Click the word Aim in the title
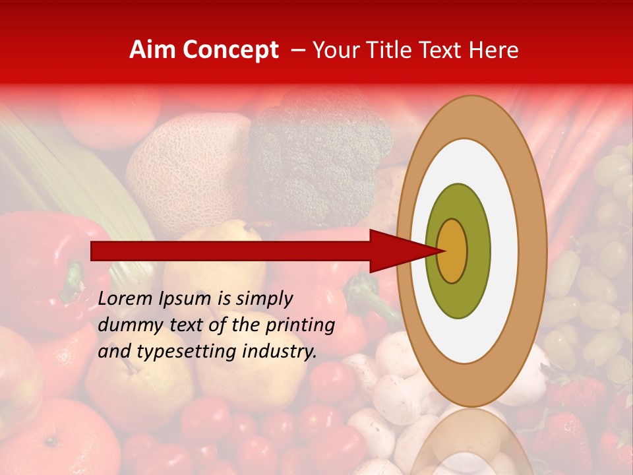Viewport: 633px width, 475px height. (x=152, y=50)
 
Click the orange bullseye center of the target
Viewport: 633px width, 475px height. (x=453, y=251)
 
